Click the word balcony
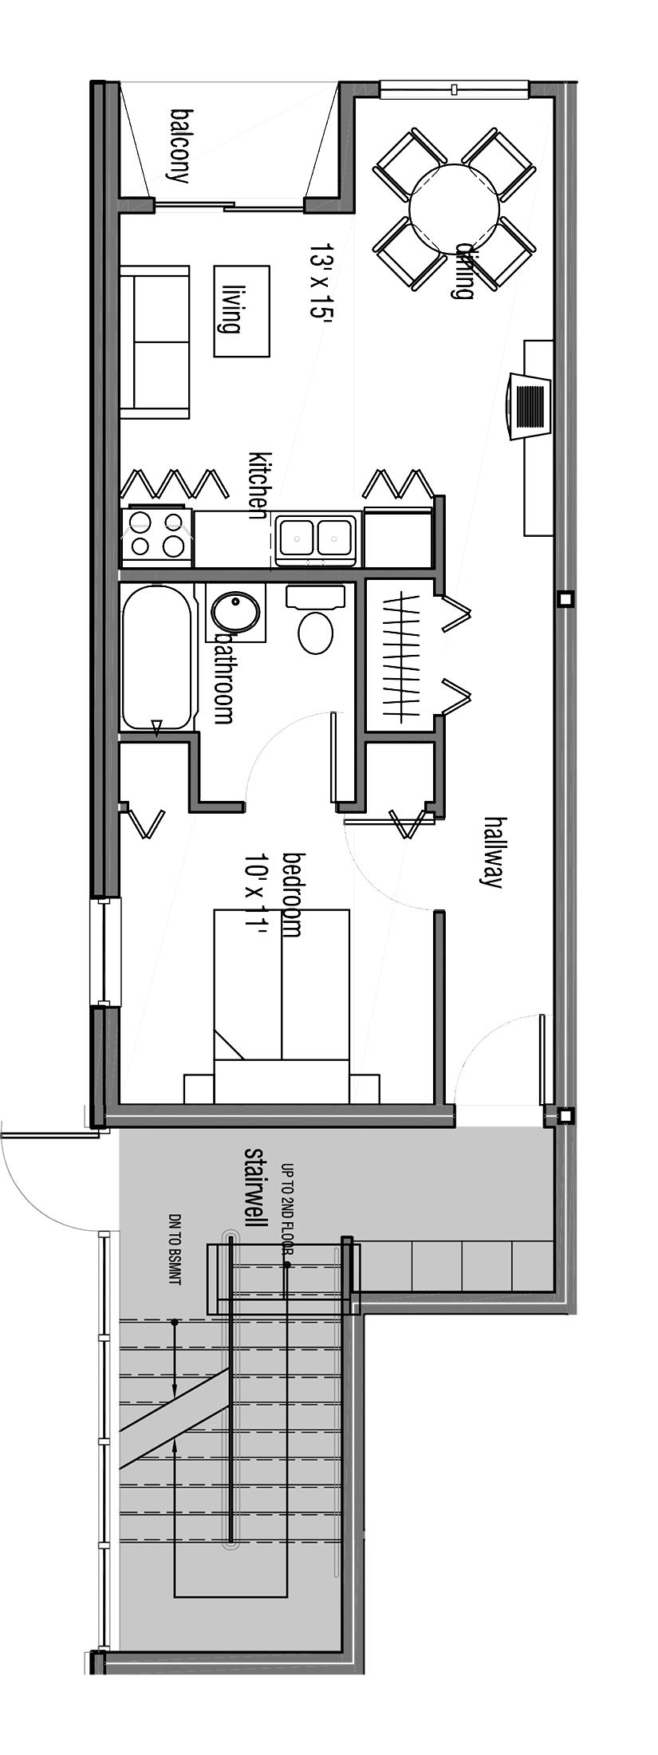[180, 146]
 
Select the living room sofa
[155, 342]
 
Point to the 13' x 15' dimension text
[321, 281]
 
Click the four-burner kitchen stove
[156, 534]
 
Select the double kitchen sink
[316, 538]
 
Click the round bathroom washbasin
[236, 613]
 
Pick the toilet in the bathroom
[316, 620]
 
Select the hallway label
[493, 851]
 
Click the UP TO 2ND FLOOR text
[288, 1209]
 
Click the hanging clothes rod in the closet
[401, 655]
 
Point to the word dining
[462, 270]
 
